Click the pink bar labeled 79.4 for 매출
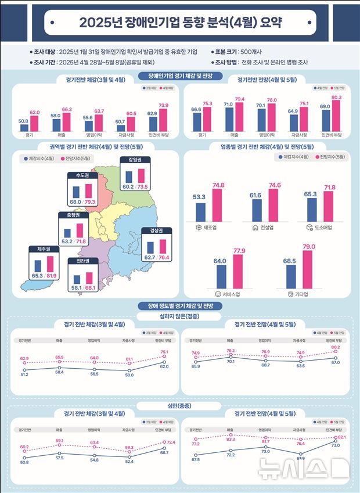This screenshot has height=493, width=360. tap(239, 116)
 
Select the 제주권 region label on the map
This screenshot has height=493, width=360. tap(44, 249)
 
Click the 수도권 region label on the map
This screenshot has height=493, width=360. tap(82, 175)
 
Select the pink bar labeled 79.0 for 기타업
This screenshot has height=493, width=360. tap(308, 269)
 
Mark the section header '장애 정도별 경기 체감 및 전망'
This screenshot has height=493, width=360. tap(180, 306)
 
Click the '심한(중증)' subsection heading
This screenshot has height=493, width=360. tap(180, 405)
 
